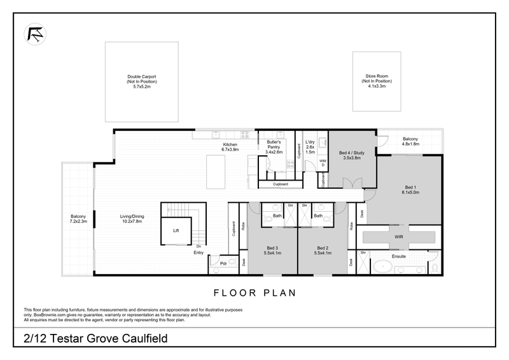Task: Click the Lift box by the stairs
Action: (x=176, y=231)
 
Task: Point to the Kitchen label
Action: (x=230, y=147)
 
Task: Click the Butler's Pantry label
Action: (x=274, y=146)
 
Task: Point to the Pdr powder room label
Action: (x=223, y=264)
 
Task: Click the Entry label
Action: (x=198, y=253)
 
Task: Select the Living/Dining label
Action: (x=132, y=219)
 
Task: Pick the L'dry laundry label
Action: (x=310, y=147)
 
